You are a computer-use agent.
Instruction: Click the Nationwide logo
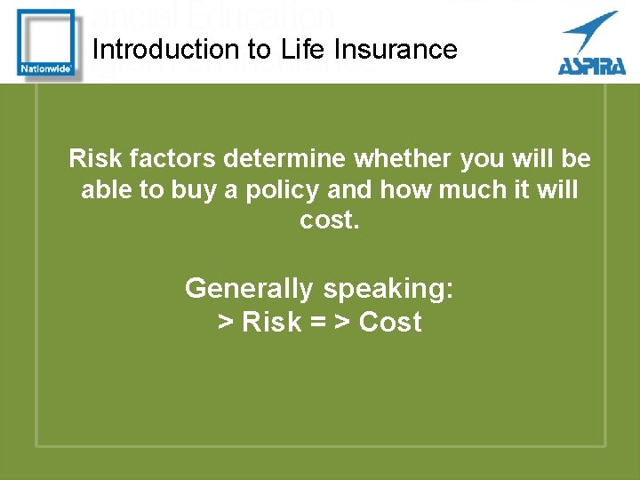click(46, 44)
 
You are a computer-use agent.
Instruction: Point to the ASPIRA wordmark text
click(591, 65)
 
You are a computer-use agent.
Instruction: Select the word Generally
click(249, 289)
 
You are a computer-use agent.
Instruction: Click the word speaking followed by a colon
click(388, 289)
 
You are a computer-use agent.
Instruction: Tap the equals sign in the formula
click(317, 323)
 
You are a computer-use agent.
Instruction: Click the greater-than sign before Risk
click(226, 323)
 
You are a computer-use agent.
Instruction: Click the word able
click(108, 190)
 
